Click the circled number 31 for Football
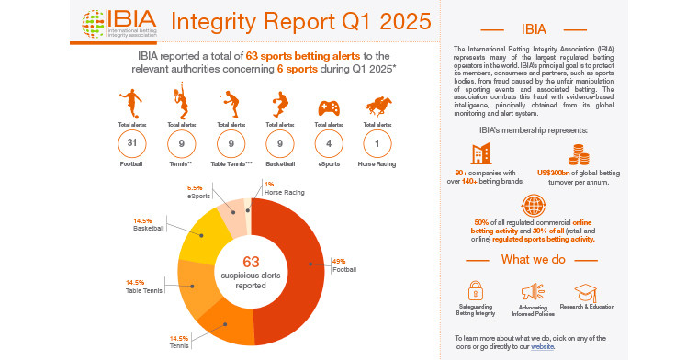[130, 145]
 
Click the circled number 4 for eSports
[328, 145]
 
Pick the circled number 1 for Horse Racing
[377, 145]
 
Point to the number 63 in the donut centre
[250, 261]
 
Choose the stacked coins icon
[578, 154]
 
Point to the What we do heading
[532, 259]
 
